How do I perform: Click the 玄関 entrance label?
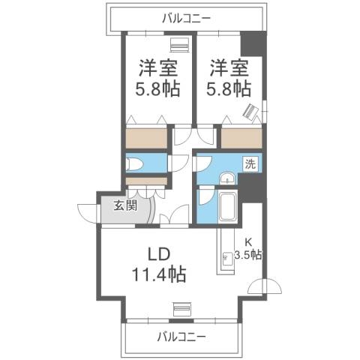point(125,207)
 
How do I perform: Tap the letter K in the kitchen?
point(250,241)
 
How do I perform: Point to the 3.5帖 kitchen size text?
point(248,254)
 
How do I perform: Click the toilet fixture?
point(136,164)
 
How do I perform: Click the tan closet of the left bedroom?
point(146,138)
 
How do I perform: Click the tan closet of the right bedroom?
point(241,138)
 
